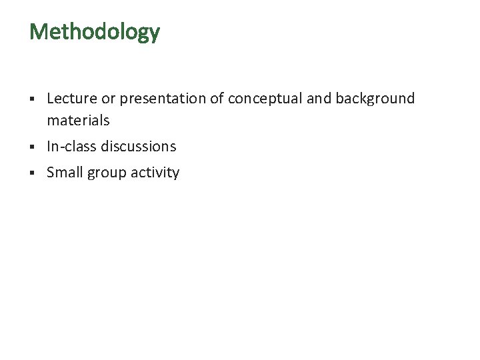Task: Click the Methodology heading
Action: tap(95, 32)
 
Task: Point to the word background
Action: tap(375, 99)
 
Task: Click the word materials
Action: tap(78, 121)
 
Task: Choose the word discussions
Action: tap(139, 146)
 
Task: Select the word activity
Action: tap(155, 173)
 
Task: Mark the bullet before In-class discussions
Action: tap(32, 147)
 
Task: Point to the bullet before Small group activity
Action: tap(32, 173)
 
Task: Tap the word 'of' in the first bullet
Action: tap(217, 99)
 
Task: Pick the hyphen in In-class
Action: tap(60, 147)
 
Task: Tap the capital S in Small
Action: tap(51, 173)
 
